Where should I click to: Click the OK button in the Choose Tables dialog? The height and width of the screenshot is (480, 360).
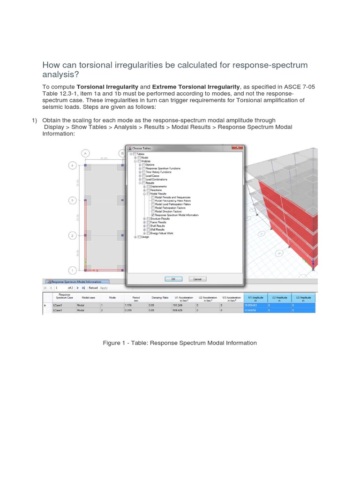(173, 278)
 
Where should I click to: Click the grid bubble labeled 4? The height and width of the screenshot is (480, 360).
(72, 165)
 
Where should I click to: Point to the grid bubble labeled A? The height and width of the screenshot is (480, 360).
(85, 153)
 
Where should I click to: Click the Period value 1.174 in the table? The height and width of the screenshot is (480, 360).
(129, 305)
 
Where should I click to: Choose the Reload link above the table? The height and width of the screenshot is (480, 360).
(93, 288)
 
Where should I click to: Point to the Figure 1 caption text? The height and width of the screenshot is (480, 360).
(180, 343)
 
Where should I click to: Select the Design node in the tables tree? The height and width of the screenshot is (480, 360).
(145, 237)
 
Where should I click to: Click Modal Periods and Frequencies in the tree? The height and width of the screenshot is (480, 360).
(172, 197)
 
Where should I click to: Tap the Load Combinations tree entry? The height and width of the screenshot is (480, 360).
(156, 180)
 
